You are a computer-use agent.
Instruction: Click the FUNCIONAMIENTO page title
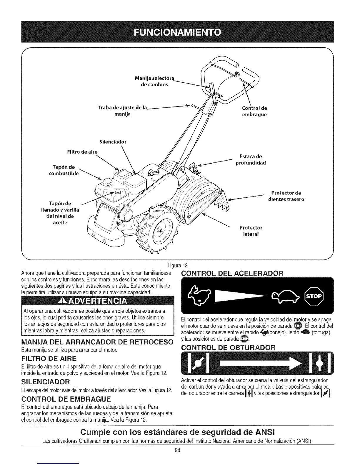(180, 32)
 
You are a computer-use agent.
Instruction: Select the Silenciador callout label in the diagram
(113, 142)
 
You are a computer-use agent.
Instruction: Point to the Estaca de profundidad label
(251, 159)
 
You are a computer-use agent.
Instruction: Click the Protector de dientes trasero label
(286, 196)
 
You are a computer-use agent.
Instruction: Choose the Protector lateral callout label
(251, 231)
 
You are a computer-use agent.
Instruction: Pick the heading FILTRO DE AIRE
(49, 359)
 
